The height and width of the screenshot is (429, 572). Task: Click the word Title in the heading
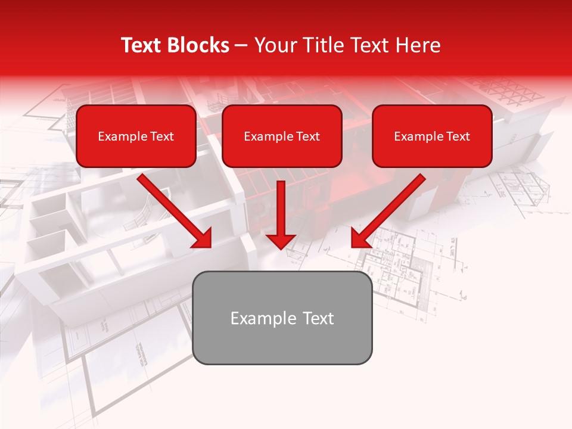coord(322,45)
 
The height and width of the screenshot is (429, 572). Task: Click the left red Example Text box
coord(136,136)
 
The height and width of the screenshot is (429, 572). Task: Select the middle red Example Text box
coord(282,136)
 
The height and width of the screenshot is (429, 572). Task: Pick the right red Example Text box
coord(432,136)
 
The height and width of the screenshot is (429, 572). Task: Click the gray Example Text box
coord(282,318)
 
